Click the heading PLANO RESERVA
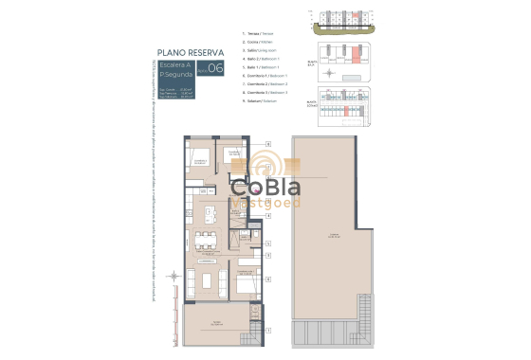pyautogui.click(x=190, y=53)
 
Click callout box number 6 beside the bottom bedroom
pyautogui.click(x=269, y=279)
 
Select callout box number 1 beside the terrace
pyautogui.click(x=269, y=330)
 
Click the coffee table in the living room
pyautogui.click(x=208, y=281)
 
